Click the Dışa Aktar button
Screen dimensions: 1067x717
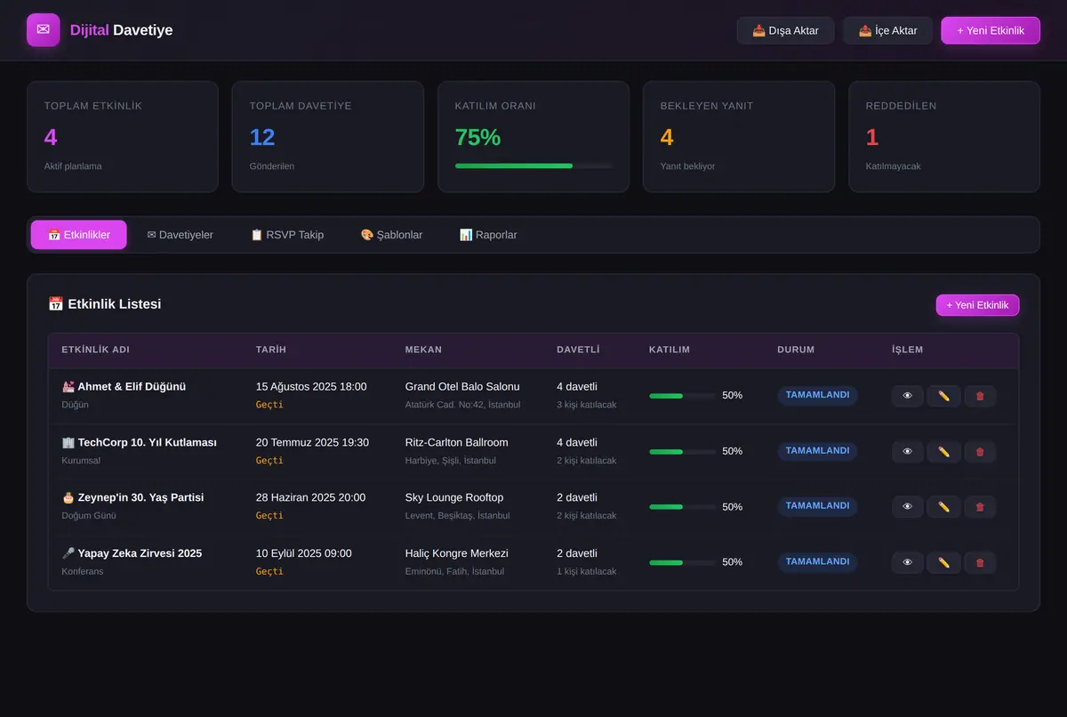[785, 30]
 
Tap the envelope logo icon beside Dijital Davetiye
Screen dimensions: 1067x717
[44, 29]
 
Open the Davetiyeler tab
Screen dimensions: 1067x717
[180, 235]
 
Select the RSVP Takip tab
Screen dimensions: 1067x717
[287, 235]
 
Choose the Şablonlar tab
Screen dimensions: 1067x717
[391, 235]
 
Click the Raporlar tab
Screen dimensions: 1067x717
[488, 235]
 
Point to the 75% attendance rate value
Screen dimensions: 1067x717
[477, 137]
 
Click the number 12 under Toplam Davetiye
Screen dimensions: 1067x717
[262, 137]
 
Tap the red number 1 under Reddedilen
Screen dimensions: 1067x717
[872, 137]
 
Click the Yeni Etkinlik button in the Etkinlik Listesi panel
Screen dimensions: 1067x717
[977, 305]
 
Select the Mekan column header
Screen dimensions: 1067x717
[423, 350]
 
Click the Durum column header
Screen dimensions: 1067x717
[796, 350]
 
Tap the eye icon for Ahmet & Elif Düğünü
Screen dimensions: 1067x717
[908, 396]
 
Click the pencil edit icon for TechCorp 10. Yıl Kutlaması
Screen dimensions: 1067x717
[943, 451]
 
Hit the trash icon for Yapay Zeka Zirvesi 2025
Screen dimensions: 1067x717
[980, 562]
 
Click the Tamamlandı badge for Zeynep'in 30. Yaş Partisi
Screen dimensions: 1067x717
[817, 506]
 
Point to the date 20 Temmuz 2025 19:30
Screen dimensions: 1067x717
[312, 443]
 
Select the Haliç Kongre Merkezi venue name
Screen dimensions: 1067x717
[456, 553]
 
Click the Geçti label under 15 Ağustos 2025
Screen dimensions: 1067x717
[269, 405]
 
